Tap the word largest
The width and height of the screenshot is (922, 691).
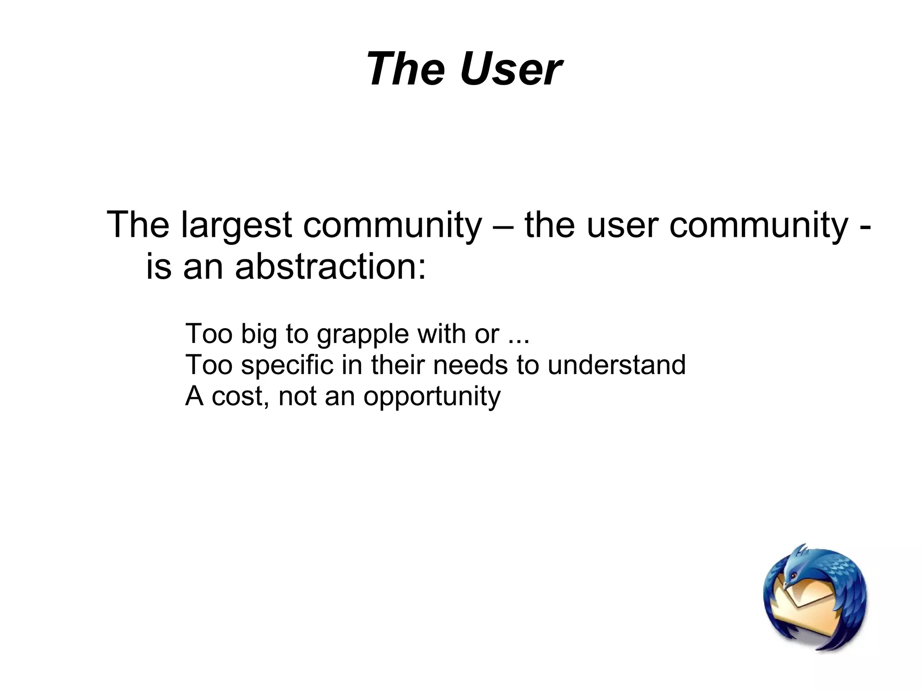coord(236,225)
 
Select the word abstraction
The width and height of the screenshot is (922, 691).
coord(330,266)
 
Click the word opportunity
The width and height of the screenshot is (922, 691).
coord(432,397)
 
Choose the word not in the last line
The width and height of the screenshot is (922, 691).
coord(297,396)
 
